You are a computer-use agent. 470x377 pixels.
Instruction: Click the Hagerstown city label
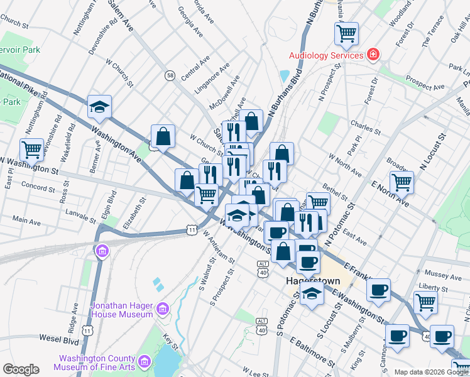click(313, 280)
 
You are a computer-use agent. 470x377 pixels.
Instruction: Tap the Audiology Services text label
click(326, 55)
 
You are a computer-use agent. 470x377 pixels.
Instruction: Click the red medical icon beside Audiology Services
click(373, 55)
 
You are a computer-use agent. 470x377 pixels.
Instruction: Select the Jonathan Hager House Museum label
click(121, 309)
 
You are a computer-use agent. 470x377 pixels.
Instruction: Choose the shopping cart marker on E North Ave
click(402, 182)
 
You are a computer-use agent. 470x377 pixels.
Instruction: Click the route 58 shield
click(170, 75)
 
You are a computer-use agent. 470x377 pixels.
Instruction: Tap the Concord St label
click(38, 187)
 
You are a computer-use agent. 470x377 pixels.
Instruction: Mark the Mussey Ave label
click(443, 275)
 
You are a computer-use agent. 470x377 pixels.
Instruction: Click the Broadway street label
click(396, 163)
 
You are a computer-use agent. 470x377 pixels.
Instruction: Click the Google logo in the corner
click(21, 369)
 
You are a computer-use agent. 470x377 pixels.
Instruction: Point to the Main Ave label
click(25, 221)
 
